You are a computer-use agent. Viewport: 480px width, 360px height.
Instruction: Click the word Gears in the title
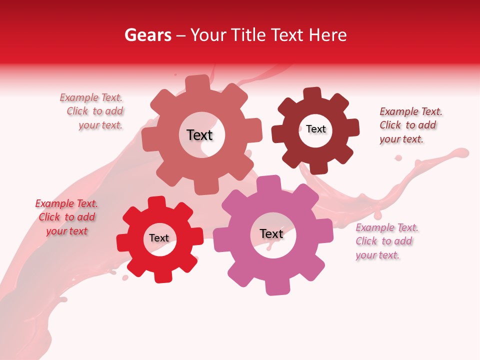click(x=147, y=35)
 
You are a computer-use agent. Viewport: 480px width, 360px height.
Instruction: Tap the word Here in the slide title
click(x=328, y=35)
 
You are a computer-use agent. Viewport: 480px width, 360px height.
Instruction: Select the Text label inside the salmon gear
click(x=199, y=135)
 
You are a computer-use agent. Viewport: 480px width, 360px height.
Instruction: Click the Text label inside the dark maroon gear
click(x=315, y=129)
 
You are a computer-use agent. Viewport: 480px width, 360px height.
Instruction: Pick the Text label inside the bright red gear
click(x=159, y=238)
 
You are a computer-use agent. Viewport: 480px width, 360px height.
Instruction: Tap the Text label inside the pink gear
click(x=271, y=233)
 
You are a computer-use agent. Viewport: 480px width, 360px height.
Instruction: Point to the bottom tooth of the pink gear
click(x=276, y=286)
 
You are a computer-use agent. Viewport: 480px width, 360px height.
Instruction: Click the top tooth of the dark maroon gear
click(x=312, y=94)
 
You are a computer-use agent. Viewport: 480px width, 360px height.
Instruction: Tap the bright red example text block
click(x=66, y=217)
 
